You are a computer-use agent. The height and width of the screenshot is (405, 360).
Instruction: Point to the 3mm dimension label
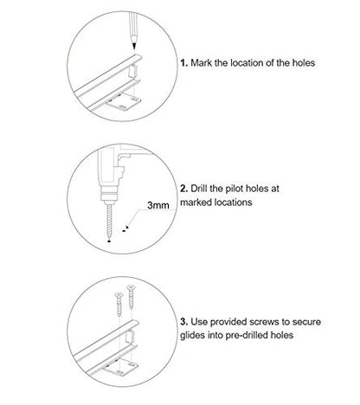158,205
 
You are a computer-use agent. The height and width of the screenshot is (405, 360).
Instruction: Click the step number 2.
184,189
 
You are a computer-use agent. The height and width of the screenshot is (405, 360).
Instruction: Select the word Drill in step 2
199,189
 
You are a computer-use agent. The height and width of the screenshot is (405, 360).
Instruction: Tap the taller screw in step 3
131,297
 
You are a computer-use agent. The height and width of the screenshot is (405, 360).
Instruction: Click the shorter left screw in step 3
119,304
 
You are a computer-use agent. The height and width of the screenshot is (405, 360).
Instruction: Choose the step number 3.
184,322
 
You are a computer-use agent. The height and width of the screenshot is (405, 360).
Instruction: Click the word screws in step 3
264,322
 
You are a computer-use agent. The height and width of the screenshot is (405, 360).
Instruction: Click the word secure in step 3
306,322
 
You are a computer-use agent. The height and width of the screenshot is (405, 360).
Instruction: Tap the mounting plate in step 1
123,102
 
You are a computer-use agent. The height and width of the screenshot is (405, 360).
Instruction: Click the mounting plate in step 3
120,367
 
